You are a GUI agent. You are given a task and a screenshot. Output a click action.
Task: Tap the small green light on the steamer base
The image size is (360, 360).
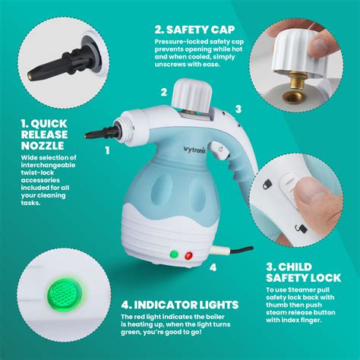(x=173, y=254)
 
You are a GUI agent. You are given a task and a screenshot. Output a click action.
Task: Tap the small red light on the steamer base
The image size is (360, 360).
(x=187, y=254)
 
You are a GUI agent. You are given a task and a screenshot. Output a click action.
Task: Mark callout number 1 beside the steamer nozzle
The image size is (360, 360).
(x=107, y=151)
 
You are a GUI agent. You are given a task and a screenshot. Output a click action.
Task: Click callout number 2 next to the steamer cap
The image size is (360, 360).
(x=163, y=92)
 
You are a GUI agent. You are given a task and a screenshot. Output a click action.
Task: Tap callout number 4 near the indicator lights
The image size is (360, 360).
(x=213, y=267)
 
